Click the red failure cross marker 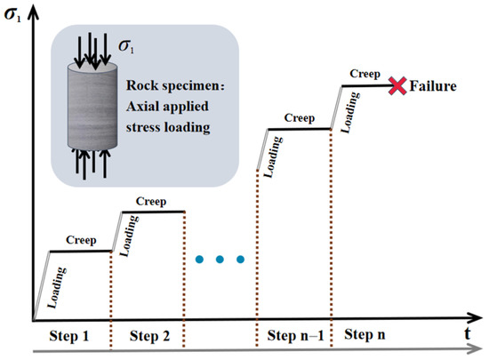397,85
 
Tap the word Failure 433,86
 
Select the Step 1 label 69,336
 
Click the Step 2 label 149,336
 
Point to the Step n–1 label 295,336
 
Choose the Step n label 365,335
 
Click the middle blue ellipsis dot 220,259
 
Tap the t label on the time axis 467,334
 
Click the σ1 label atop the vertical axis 12,15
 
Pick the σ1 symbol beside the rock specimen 126,47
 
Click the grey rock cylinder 92,106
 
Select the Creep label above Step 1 81,240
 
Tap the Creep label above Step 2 151,202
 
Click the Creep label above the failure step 365,74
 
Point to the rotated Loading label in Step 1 57,288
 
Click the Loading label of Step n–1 273,157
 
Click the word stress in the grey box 143,127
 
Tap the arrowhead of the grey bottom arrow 477,348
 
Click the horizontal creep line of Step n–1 299,129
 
